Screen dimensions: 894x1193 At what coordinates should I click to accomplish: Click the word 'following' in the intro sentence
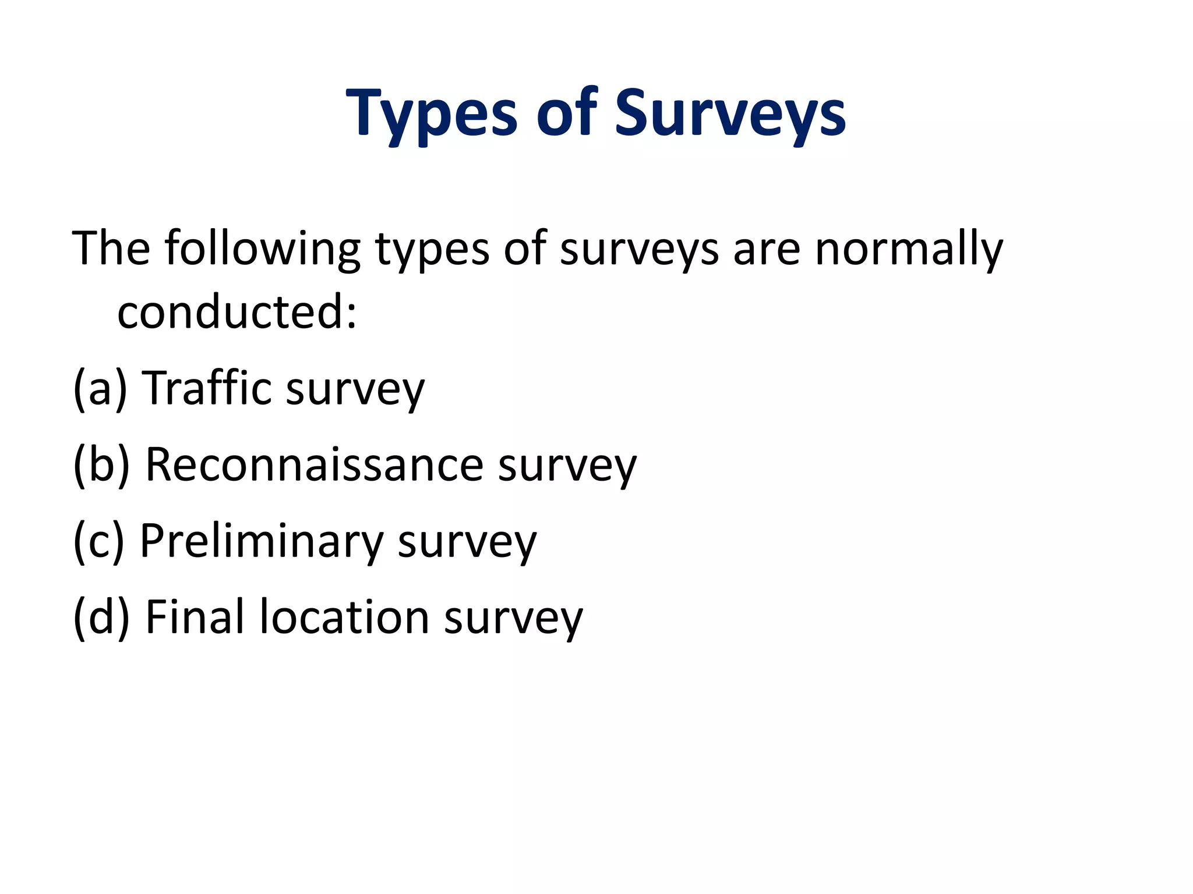pyautogui.click(x=262, y=249)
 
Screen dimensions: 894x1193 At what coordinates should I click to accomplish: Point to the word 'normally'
pyautogui.click(x=909, y=249)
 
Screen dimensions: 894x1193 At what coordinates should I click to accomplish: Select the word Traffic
pyautogui.click(x=207, y=388)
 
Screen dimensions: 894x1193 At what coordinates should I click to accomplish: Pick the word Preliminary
pyautogui.click(x=261, y=541)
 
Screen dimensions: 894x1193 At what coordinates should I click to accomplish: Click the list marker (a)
pyautogui.click(x=100, y=388)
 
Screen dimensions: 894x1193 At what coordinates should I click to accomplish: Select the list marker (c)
pyautogui.click(x=98, y=541)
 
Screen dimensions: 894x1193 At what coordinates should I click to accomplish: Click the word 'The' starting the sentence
pyautogui.click(x=111, y=249)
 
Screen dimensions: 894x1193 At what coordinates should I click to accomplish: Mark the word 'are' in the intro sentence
pyautogui.click(x=767, y=249)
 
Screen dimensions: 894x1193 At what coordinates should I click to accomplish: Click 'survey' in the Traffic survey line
pyautogui.click(x=355, y=388)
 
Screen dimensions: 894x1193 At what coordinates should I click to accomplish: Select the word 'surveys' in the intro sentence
pyautogui.click(x=639, y=249)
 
